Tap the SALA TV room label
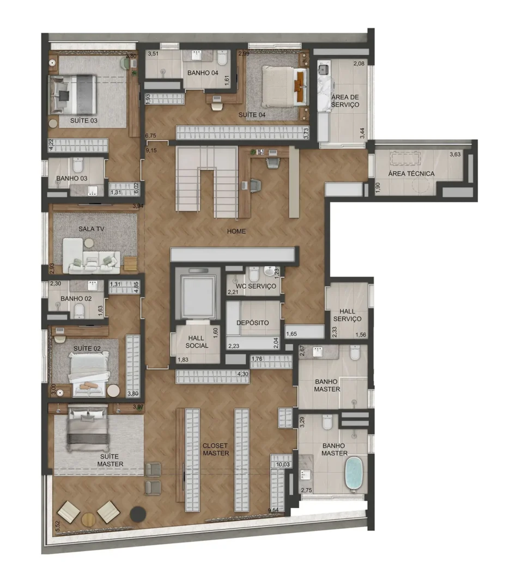(91, 229)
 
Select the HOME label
(236, 231)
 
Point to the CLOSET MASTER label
(216, 449)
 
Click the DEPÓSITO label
(253, 323)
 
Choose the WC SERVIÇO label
(256, 286)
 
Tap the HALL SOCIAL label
(196, 342)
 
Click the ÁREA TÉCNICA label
(411, 173)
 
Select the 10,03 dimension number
(283, 465)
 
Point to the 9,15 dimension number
(151, 151)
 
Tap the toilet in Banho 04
(223, 58)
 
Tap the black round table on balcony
(138, 514)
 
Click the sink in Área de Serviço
(324, 69)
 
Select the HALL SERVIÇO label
(347, 315)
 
